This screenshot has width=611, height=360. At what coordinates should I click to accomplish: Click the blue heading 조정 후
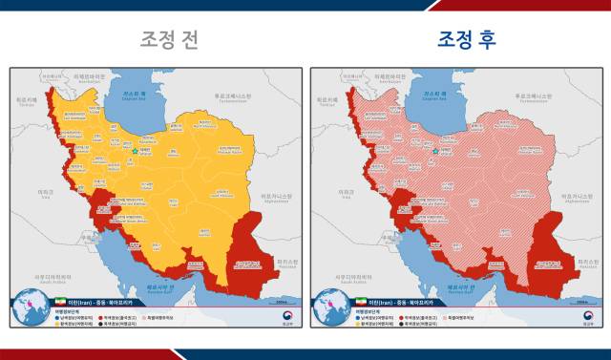click(467, 39)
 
